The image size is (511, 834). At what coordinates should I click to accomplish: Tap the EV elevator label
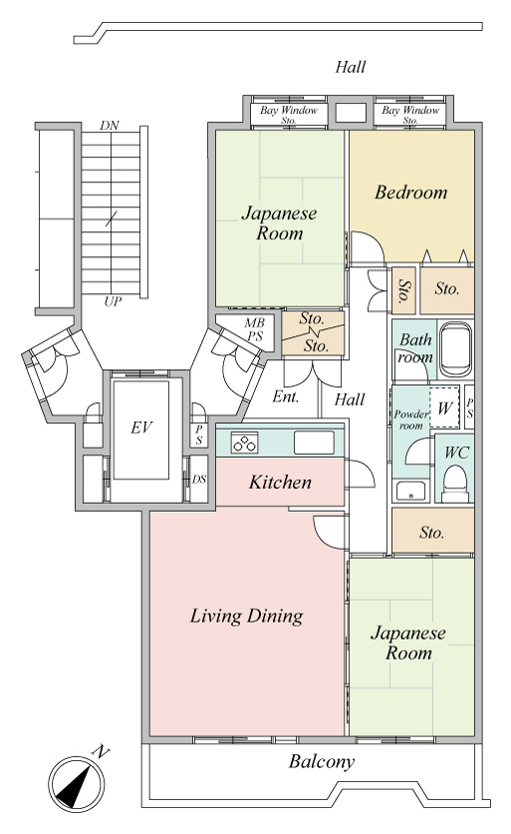141,427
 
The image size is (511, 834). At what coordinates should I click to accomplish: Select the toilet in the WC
454,483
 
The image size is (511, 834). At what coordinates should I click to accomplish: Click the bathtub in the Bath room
456,349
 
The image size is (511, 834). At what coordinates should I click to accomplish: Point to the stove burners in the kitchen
245,443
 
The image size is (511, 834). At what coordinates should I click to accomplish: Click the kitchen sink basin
314,443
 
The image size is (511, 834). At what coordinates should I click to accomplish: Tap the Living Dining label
246,616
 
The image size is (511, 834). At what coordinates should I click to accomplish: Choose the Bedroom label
411,192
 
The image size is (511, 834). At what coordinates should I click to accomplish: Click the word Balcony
322,761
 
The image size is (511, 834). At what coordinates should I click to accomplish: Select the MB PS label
254,330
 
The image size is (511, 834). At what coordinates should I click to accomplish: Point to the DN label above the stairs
110,126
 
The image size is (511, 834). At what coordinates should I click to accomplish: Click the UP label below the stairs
113,302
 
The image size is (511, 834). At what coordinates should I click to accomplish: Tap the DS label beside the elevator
199,479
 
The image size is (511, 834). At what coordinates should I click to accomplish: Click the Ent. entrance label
286,396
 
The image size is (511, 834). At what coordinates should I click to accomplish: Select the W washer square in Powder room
444,408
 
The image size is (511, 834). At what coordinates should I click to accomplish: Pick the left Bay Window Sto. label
289,115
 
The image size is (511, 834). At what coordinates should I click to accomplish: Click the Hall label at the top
351,67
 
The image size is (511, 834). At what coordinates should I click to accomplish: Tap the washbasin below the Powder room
411,491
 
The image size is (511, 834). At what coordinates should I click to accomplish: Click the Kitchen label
280,483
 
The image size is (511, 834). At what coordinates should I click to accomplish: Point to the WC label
457,453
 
